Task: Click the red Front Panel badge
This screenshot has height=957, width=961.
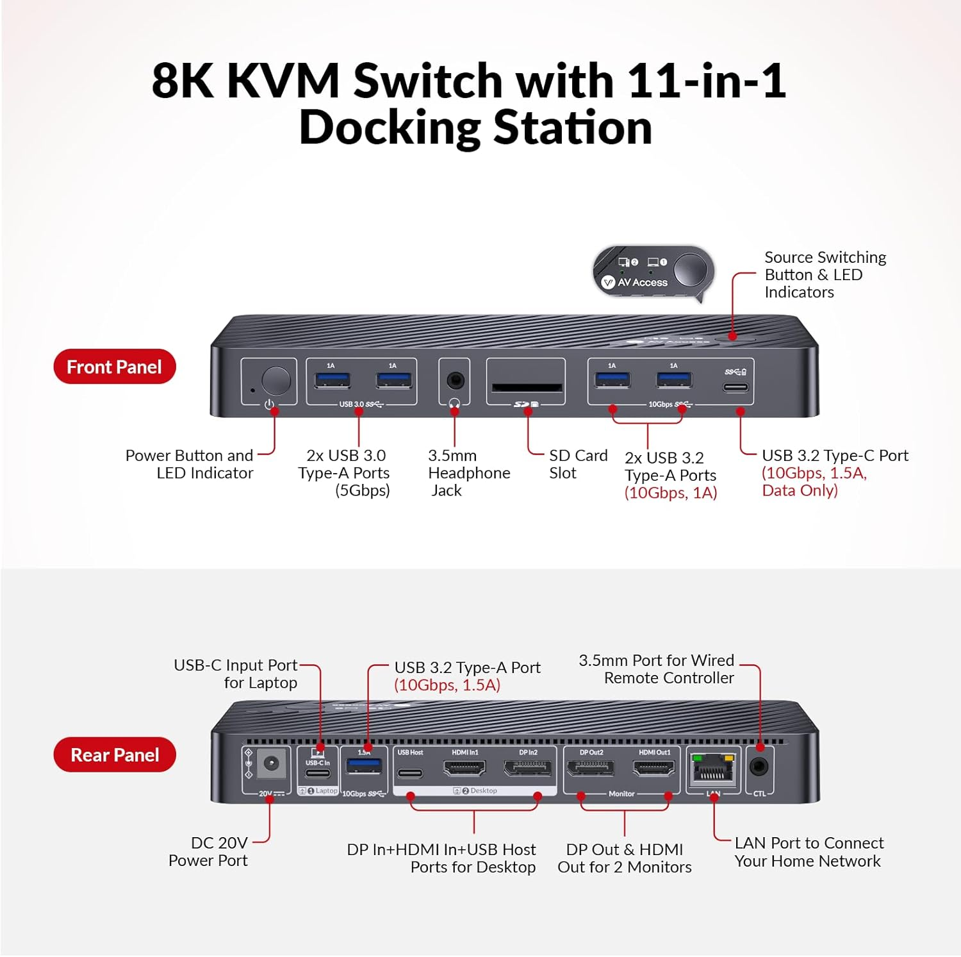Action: pyautogui.click(x=115, y=367)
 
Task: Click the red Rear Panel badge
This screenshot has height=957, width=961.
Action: pyautogui.click(x=115, y=754)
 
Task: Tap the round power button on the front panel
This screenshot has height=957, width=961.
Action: pyautogui.click(x=276, y=381)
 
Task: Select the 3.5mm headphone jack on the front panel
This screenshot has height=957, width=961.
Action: pyautogui.click(x=455, y=381)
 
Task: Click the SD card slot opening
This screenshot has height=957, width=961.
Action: pyautogui.click(x=527, y=388)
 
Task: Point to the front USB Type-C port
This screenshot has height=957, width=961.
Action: pyautogui.click(x=735, y=387)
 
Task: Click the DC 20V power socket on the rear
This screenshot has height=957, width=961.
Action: pyautogui.click(x=270, y=764)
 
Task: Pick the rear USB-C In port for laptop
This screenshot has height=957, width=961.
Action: pyautogui.click(x=318, y=773)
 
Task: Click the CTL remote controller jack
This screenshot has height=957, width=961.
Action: pyautogui.click(x=759, y=767)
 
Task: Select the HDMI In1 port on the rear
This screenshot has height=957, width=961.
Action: pyautogui.click(x=464, y=768)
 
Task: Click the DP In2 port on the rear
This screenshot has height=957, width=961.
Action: pyautogui.click(x=528, y=768)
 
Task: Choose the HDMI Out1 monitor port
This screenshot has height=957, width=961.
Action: pyautogui.click(x=654, y=768)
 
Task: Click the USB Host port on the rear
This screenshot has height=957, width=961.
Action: pyautogui.click(x=410, y=772)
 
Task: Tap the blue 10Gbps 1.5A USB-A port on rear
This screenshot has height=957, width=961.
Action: pyautogui.click(x=364, y=767)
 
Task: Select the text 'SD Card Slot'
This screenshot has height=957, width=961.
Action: pyautogui.click(x=577, y=464)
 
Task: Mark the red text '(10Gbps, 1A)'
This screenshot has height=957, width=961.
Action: pyautogui.click(x=670, y=493)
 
